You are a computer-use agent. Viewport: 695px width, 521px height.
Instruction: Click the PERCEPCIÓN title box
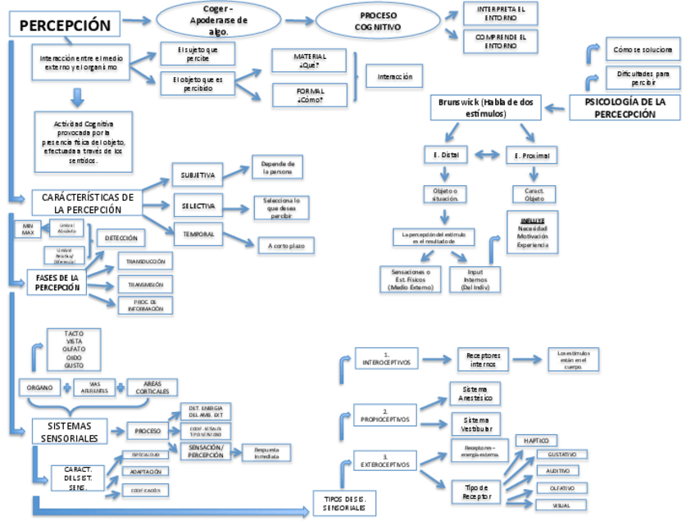65,25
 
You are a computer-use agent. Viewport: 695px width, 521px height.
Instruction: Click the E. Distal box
445,155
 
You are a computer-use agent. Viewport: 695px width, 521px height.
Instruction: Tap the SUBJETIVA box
198,174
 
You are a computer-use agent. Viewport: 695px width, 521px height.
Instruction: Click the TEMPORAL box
198,234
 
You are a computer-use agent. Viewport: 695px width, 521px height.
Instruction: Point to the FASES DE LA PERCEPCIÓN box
57,283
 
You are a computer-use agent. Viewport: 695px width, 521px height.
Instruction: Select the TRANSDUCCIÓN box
145,261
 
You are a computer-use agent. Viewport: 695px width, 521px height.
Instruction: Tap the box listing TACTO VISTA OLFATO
73,350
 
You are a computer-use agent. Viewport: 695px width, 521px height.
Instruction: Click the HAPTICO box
536,441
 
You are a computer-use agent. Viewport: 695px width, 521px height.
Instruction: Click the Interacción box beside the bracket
394,77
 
